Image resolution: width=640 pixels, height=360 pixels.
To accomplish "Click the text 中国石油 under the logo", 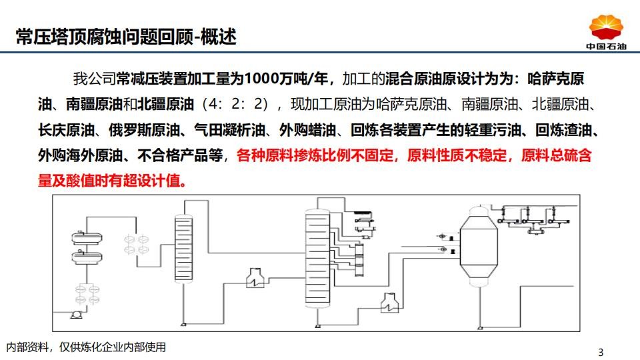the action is coord(606,46).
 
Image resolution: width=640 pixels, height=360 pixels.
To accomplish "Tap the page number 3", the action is coord(601,352).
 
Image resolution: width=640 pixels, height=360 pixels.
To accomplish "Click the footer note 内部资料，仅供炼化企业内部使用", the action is coord(86,347).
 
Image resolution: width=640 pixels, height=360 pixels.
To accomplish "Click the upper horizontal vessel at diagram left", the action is coord(87,237).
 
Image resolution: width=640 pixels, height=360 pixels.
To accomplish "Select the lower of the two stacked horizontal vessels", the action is coord(87,257).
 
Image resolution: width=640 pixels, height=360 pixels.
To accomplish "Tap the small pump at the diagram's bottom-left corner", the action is coord(76,314).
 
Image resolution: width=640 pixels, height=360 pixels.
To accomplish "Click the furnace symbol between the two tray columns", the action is coord(255,279).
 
